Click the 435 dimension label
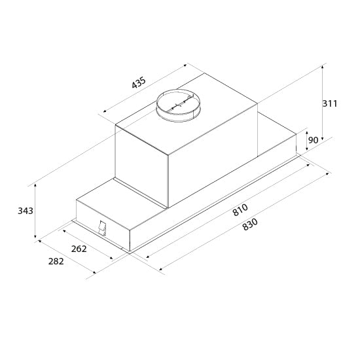[139, 83]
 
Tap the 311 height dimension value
[330, 103]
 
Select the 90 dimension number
[313, 140]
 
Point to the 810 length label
[240, 210]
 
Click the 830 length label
[250, 225]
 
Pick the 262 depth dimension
[79, 249]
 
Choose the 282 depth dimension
[56, 261]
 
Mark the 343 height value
[26, 211]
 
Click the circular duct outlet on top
[178, 105]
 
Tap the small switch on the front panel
[101, 228]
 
